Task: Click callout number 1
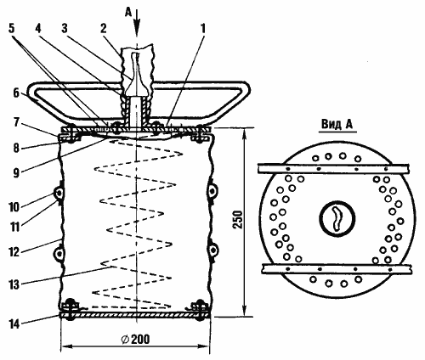(x=202, y=28)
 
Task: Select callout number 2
(x=104, y=28)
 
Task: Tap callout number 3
(x=65, y=28)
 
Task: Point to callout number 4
(x=38, y=28)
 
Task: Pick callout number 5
(x=12, y=28)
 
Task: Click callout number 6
(x=16, y=93)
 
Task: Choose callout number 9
(x=16, y=172)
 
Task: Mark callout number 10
(x=14, y=207)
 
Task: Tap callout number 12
(x=14, y=251)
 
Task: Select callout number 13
(x=14, y=284)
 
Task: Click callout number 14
(x=14, y=324)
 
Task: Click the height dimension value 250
(x=237, y=220)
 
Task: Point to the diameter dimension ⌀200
(x=135, y=339)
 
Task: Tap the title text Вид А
(x=337, y=124)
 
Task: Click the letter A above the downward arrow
(x=128, y=12)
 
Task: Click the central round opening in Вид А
(x=337, y=218)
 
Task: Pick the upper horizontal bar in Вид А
(x=334, y=169)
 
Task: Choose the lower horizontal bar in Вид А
(x=337, y=269)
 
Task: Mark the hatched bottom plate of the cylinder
(x=135, y=315)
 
